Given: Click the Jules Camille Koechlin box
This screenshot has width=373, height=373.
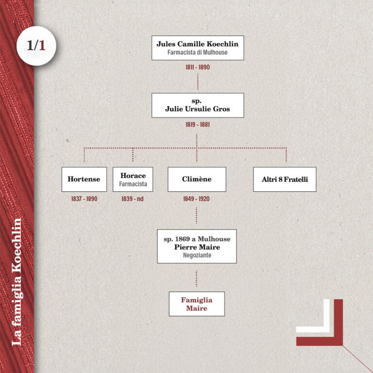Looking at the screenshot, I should [197, 48].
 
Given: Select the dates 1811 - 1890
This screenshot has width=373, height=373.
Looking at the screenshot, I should [197, 67].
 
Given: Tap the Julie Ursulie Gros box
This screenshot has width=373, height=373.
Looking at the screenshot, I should [197, 105].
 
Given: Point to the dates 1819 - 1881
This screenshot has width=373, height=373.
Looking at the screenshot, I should [197, 124].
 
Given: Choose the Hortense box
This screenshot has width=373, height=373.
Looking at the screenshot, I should [84, 179].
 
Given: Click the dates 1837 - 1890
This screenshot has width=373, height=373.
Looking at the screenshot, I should [84, 199].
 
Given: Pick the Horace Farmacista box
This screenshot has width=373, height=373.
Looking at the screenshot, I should [133, 179].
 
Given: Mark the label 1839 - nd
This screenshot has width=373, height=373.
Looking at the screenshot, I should [133, 199].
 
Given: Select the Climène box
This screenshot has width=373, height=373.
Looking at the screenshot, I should [197, 179].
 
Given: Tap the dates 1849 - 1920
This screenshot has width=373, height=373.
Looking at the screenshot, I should [197, 199].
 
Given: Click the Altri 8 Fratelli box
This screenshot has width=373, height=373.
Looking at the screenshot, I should [285, 179].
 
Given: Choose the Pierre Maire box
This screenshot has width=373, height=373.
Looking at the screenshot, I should [197, 246].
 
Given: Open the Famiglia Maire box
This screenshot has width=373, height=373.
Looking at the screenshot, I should [197, 304].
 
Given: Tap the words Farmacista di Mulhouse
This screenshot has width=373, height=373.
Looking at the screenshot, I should [197, 52].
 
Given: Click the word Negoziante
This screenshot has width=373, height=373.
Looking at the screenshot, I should [197, 255].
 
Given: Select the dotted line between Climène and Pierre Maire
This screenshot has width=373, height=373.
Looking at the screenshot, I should [197, 216].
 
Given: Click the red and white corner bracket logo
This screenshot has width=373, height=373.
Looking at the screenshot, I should [321, 322].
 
